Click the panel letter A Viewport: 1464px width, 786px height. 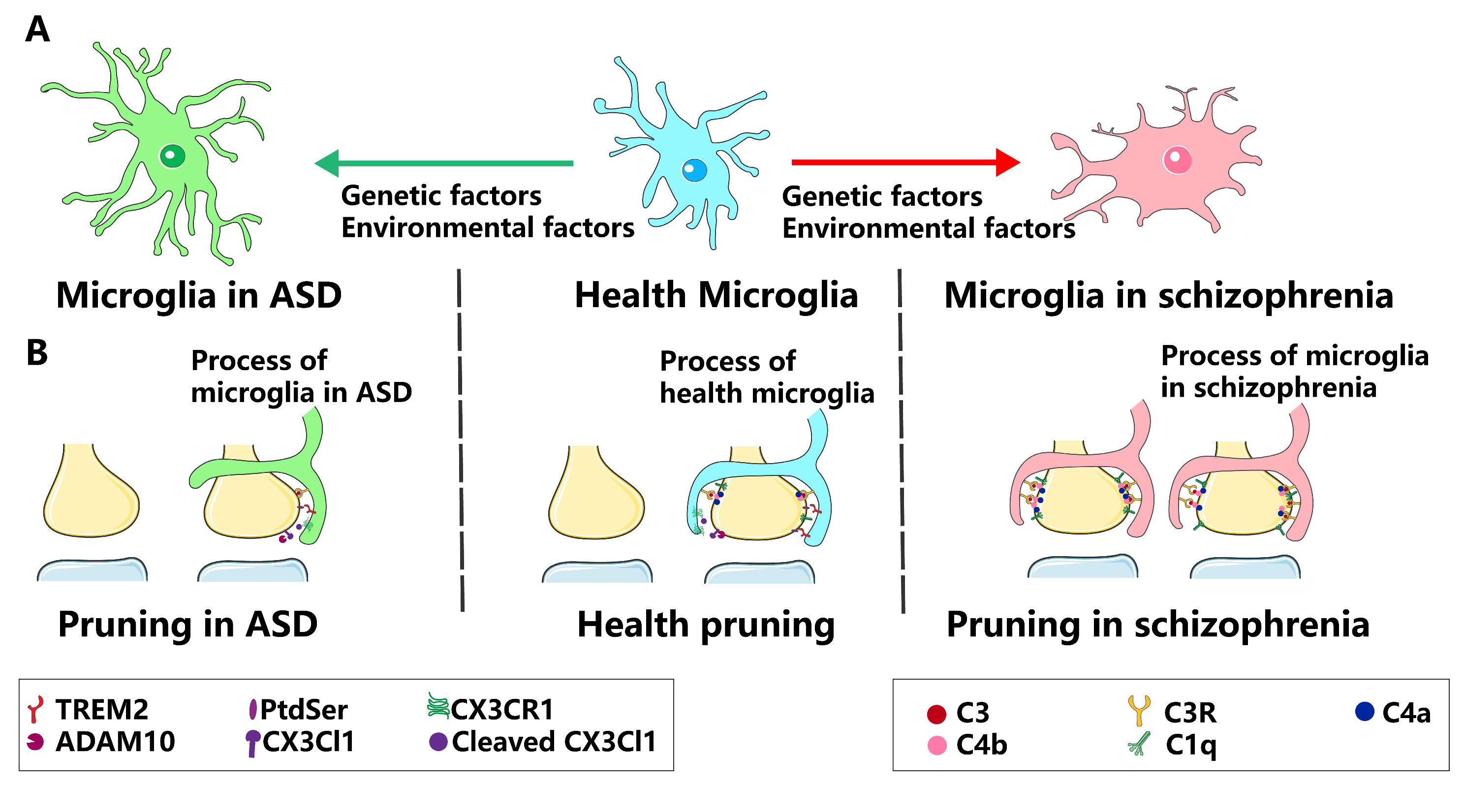click(37, 30)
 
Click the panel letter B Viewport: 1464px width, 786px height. click(37, 352)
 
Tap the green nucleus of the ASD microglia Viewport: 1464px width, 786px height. click(172, 156)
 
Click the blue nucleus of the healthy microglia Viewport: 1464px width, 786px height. click(694, 170)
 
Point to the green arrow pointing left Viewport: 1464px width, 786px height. click(443, 163)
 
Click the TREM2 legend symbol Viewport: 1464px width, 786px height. click(35, 709)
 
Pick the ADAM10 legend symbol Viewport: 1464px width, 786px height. click(35, 742)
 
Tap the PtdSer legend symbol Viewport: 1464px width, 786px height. click(253, 709)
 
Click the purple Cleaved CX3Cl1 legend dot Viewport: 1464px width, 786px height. click(438, 742)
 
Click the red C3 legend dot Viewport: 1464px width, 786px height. click(936, 714)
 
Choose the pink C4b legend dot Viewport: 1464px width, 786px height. click(936, 745)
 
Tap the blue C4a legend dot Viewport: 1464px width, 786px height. click(1365, 712)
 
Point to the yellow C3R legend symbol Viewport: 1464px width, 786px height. click(1139, 710)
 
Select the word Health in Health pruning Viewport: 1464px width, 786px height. click(632, 625)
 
